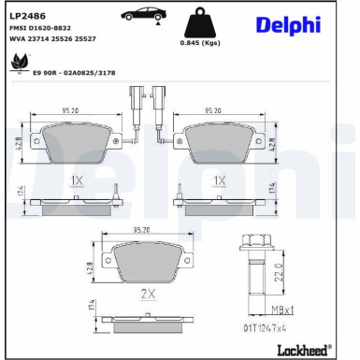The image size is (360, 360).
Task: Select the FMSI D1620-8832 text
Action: pyautogui.click(x=42, y=28)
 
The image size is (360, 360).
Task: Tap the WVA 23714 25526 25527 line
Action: pyautogui.click(x=55, y=39)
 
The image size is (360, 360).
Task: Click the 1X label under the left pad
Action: pyautogui.click(x=77, y=179)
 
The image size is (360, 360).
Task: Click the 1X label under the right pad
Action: pyautogui.click(x=220, y=179)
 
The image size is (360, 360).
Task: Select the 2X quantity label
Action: pyautogui.click(x=146, y=294)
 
